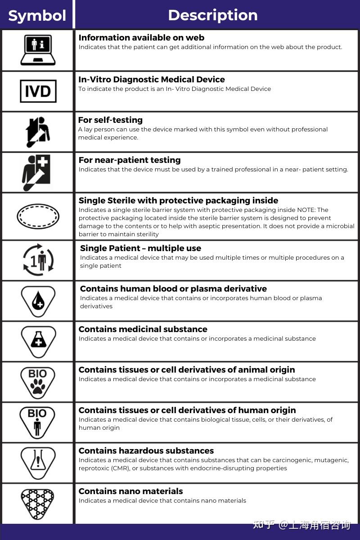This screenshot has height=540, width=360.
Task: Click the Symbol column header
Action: [x=37, y=16]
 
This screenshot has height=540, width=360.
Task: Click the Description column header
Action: [x=212, y=15]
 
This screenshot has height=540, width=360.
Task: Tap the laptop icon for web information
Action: [x=38, y=49]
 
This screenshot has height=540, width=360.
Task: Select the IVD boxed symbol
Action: [x=38, y=91]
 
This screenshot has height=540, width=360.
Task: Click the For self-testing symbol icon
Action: [x=38, y=132]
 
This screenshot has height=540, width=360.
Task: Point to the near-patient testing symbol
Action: [x=36, y=172]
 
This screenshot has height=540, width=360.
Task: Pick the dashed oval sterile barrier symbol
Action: [x=38, y=216]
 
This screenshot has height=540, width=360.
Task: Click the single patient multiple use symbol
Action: [x=38, y=260]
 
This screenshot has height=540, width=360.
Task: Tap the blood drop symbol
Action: [x=38, y=301]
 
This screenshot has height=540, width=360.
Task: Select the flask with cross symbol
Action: [x=38, y=341]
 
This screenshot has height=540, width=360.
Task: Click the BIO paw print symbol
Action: [x=38, y=382]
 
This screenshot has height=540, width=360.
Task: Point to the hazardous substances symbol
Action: [x=38, y=462]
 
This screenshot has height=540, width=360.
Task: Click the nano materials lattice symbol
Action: [x=38, y=502]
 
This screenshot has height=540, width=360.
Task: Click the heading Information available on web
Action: [x=141, y=38]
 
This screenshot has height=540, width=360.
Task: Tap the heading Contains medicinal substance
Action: [x=143, y=329]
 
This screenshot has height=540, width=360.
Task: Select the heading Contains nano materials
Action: [x=130, y=491]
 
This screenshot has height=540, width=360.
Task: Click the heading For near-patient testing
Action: [x=130, y=160]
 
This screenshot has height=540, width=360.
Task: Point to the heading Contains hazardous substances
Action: [x=146, y=451]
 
